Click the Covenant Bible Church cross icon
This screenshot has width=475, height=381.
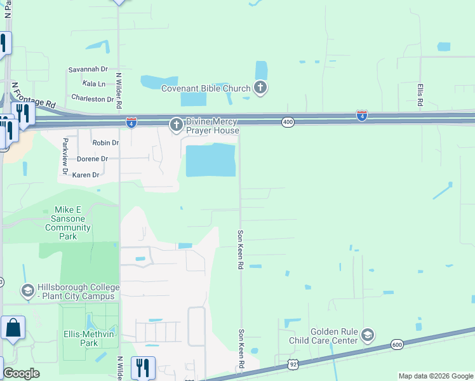(x=260, y=88)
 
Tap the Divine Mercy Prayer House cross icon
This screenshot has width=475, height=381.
(x=176, y=126)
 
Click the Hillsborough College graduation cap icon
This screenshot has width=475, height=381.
(x=27, y=291)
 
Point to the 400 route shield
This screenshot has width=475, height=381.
(x=288, y=122)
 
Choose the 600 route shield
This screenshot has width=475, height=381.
(x=397, y=344)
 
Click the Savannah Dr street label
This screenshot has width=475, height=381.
(x=88, y=70)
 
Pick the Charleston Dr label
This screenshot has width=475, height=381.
(x=92, y=98)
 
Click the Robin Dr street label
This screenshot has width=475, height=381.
(x=105, y=143)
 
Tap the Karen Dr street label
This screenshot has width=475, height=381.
(x=86, y=175)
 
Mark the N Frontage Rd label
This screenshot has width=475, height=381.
(x=33, y=94)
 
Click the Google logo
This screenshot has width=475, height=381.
(x=21, y=373)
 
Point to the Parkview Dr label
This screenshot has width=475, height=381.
(x=65, y=156)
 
